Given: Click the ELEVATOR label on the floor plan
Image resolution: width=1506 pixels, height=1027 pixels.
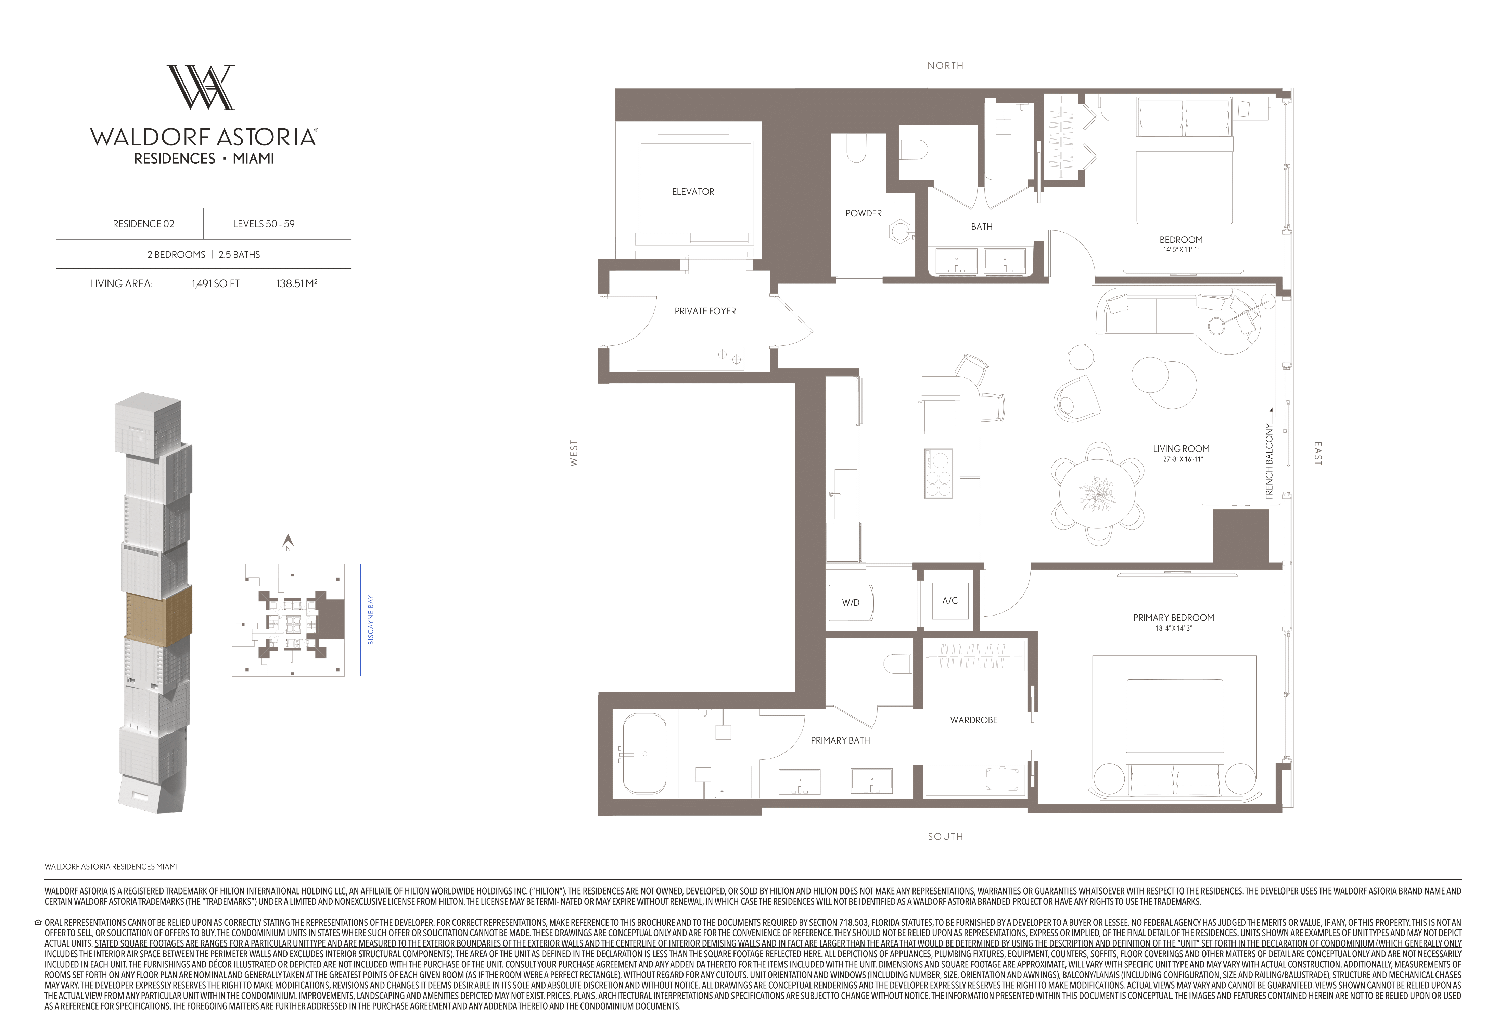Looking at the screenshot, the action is [693, 192].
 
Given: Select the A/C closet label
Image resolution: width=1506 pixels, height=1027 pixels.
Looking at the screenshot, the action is [950, 601].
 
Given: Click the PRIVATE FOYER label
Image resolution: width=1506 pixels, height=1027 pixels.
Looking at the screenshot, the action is [705, 311].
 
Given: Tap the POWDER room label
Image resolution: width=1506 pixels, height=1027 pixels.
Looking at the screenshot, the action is [863, 213].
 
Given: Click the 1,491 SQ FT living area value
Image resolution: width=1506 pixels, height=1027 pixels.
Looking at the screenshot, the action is [216, 284].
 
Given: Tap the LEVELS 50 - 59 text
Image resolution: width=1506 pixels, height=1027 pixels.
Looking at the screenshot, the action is [264, 224].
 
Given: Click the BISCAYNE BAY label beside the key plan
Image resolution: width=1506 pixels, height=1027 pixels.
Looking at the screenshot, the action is [371, 620].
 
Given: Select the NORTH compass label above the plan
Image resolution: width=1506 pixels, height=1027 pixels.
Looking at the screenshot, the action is [945, 65].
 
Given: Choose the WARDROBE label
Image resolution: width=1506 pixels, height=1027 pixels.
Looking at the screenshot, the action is [974, 720].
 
